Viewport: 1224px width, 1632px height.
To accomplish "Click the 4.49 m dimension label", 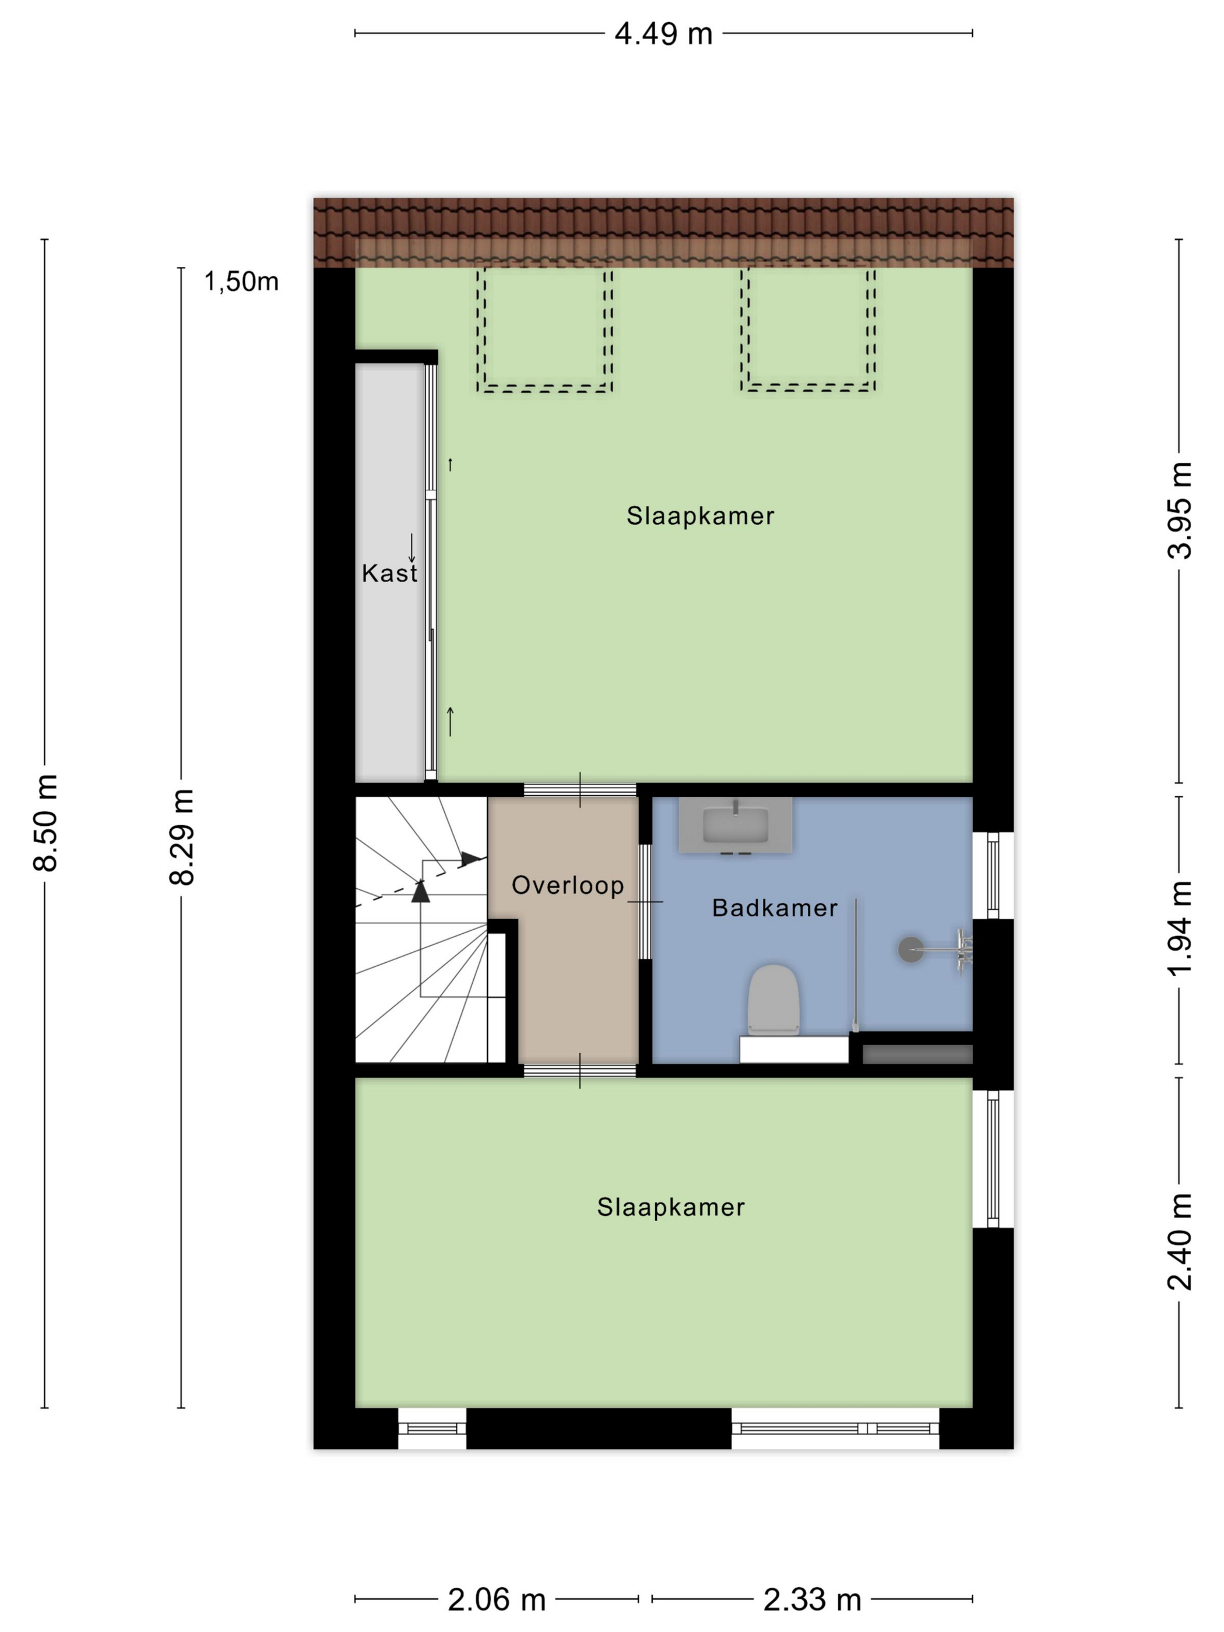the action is [x=663, y=34].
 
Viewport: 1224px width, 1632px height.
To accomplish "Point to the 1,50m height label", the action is [x=241, y=281].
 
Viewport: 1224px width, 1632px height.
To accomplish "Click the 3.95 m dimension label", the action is [x=1179, y=510].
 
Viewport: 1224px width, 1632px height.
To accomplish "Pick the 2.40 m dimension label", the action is [x=1179, y=1241].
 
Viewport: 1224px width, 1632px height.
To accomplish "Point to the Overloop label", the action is [x=567, y=885].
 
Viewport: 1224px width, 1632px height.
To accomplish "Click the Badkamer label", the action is [x=774, y=908].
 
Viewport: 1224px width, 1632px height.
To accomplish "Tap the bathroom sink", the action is [x=735, y=825].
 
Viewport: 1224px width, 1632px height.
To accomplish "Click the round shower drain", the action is [x=910, y=949].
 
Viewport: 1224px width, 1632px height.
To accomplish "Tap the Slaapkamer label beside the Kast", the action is [x=700, y=516].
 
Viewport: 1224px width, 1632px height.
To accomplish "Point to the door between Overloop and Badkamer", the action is [x=645, y=902].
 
